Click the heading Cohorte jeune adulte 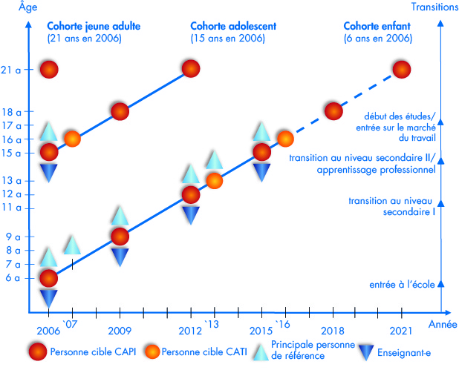[x=94, y=26]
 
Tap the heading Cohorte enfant [x=378, y=26]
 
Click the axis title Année [x=443, y=325]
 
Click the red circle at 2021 [x=402, y=70]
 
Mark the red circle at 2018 [x=333, y=111]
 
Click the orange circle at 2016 [x=285, y=138]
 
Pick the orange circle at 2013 [x=214, y=180]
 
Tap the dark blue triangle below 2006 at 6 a [x=49, y=297]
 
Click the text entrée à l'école [x=402, y=285]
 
